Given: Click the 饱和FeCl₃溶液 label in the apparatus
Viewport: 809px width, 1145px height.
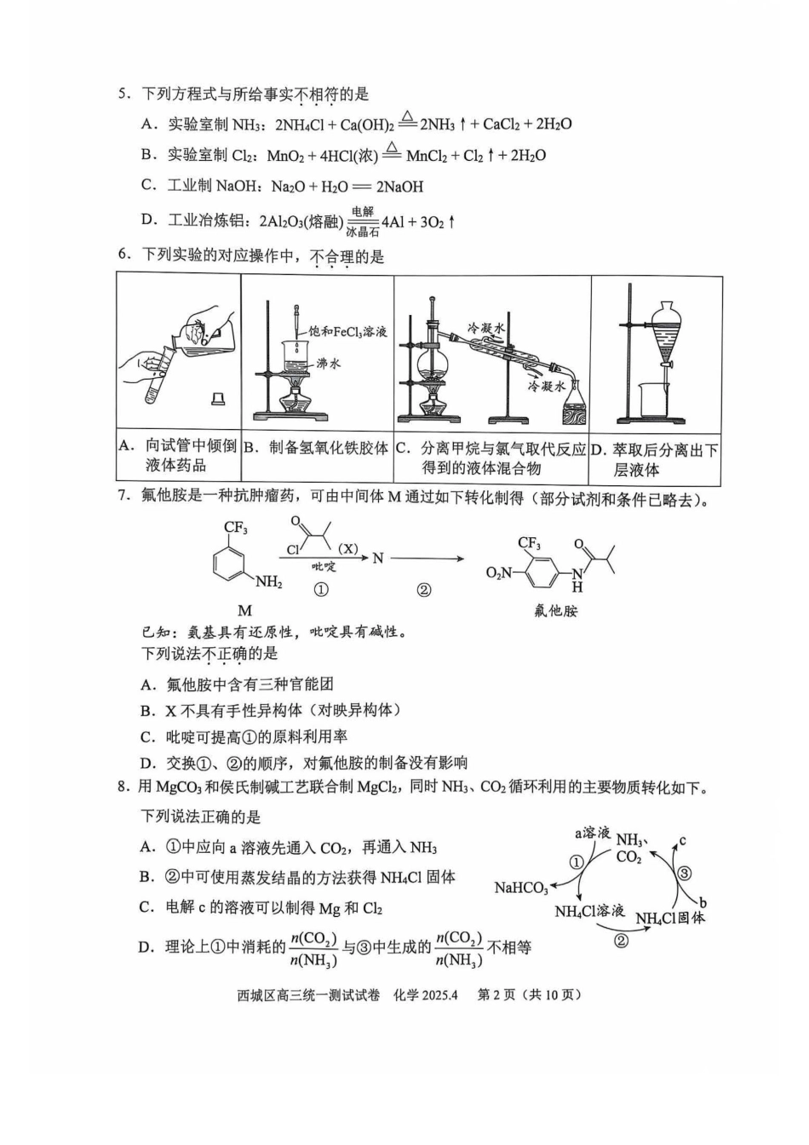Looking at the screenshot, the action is (347, 331).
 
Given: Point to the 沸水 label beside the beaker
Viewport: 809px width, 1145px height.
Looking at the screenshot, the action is (329, 364).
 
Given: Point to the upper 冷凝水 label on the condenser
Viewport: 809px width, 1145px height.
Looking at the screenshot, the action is (485, 327).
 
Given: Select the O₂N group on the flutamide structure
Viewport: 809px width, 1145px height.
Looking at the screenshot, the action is (498, 574).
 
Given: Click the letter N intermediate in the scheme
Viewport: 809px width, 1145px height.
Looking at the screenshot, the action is (378, 558).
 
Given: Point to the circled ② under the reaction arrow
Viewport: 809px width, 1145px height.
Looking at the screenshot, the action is (424, 591).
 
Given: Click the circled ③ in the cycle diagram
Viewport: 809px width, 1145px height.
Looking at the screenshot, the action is (685, 873).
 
